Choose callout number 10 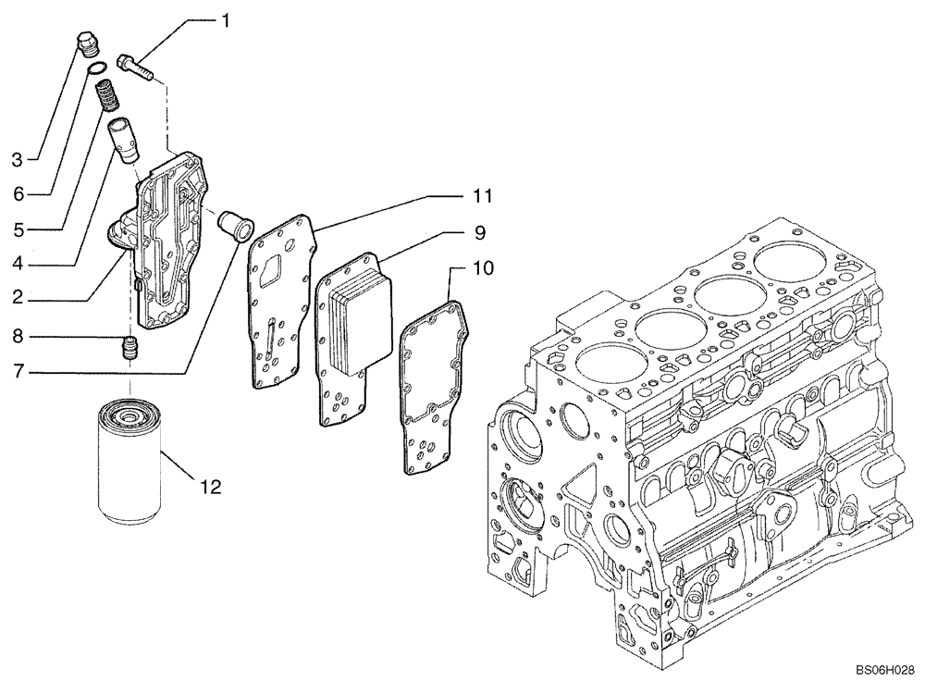click(x=484, y=268)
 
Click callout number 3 click(x=17, y=159)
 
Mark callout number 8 click(x=17, y=339)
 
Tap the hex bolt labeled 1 click(x=136, y=68)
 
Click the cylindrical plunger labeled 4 click(x=121, y=138)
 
